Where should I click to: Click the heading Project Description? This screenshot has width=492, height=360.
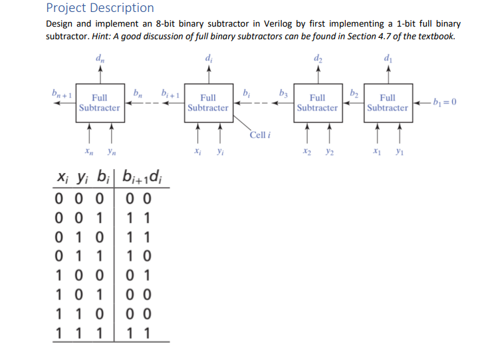click(x=100, y=9)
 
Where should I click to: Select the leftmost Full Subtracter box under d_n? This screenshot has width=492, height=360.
click(x=99, y=102)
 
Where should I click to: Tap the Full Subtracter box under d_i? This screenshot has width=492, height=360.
click(x=207, y=102)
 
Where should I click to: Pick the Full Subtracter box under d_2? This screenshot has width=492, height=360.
click(x=317, y=102)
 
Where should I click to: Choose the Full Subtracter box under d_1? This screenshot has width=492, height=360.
click(x=388, y=102)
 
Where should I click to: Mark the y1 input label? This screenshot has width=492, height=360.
click(x=399, y=152)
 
